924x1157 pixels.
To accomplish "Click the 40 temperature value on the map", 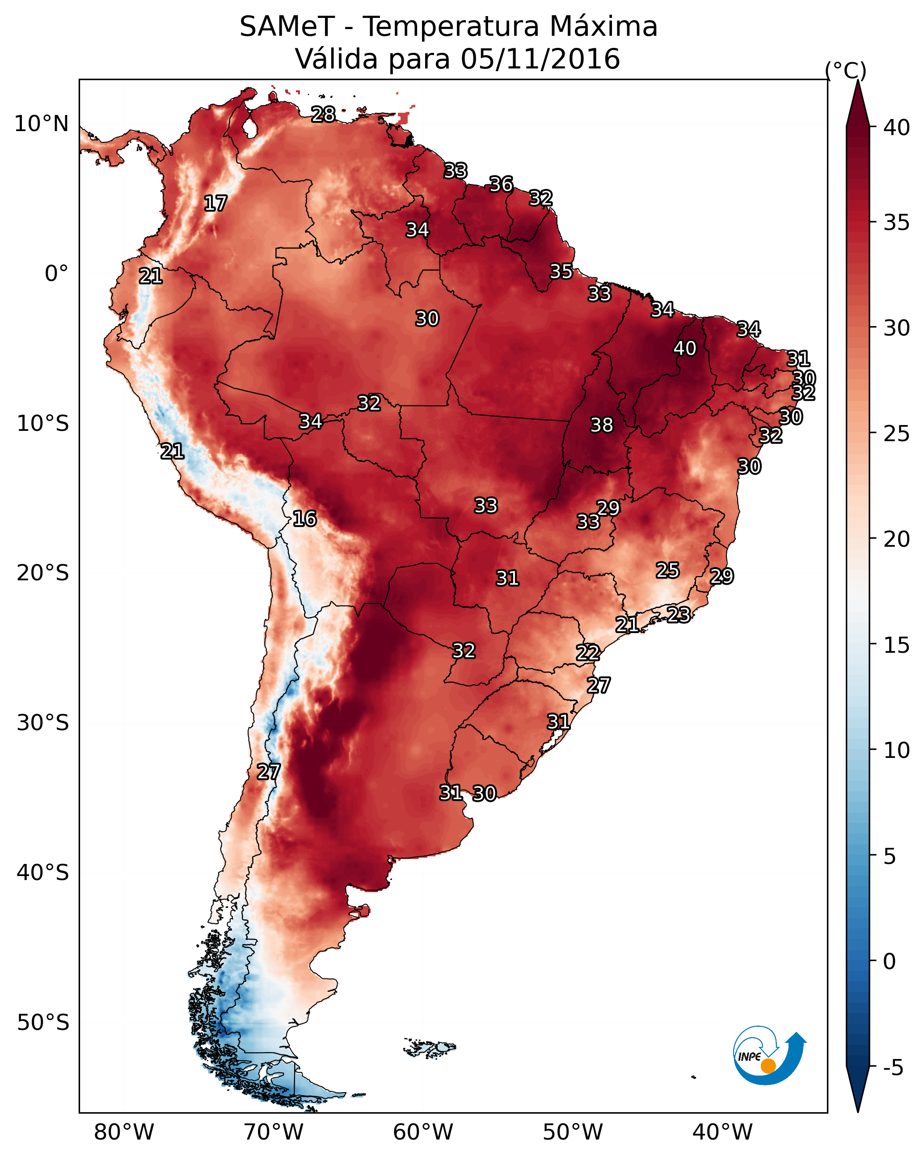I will (685, 348).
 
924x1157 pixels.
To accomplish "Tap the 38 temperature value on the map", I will (602, 425).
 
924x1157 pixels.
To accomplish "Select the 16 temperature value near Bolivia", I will (304, 519).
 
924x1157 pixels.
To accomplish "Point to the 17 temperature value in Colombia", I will (215, 204).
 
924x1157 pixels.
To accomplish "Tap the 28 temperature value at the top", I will (323, 114).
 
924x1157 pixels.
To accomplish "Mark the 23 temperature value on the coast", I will (679, 614).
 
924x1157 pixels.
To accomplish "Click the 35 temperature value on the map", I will (561, 271).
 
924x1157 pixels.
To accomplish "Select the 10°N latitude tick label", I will (41, 124).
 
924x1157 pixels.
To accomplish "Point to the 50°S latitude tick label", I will (43, 1022).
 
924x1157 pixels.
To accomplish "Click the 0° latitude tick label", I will (56, 274).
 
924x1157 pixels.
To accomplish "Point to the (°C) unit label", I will (845, 70).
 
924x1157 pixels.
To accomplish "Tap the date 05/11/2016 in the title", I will (540, 59).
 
